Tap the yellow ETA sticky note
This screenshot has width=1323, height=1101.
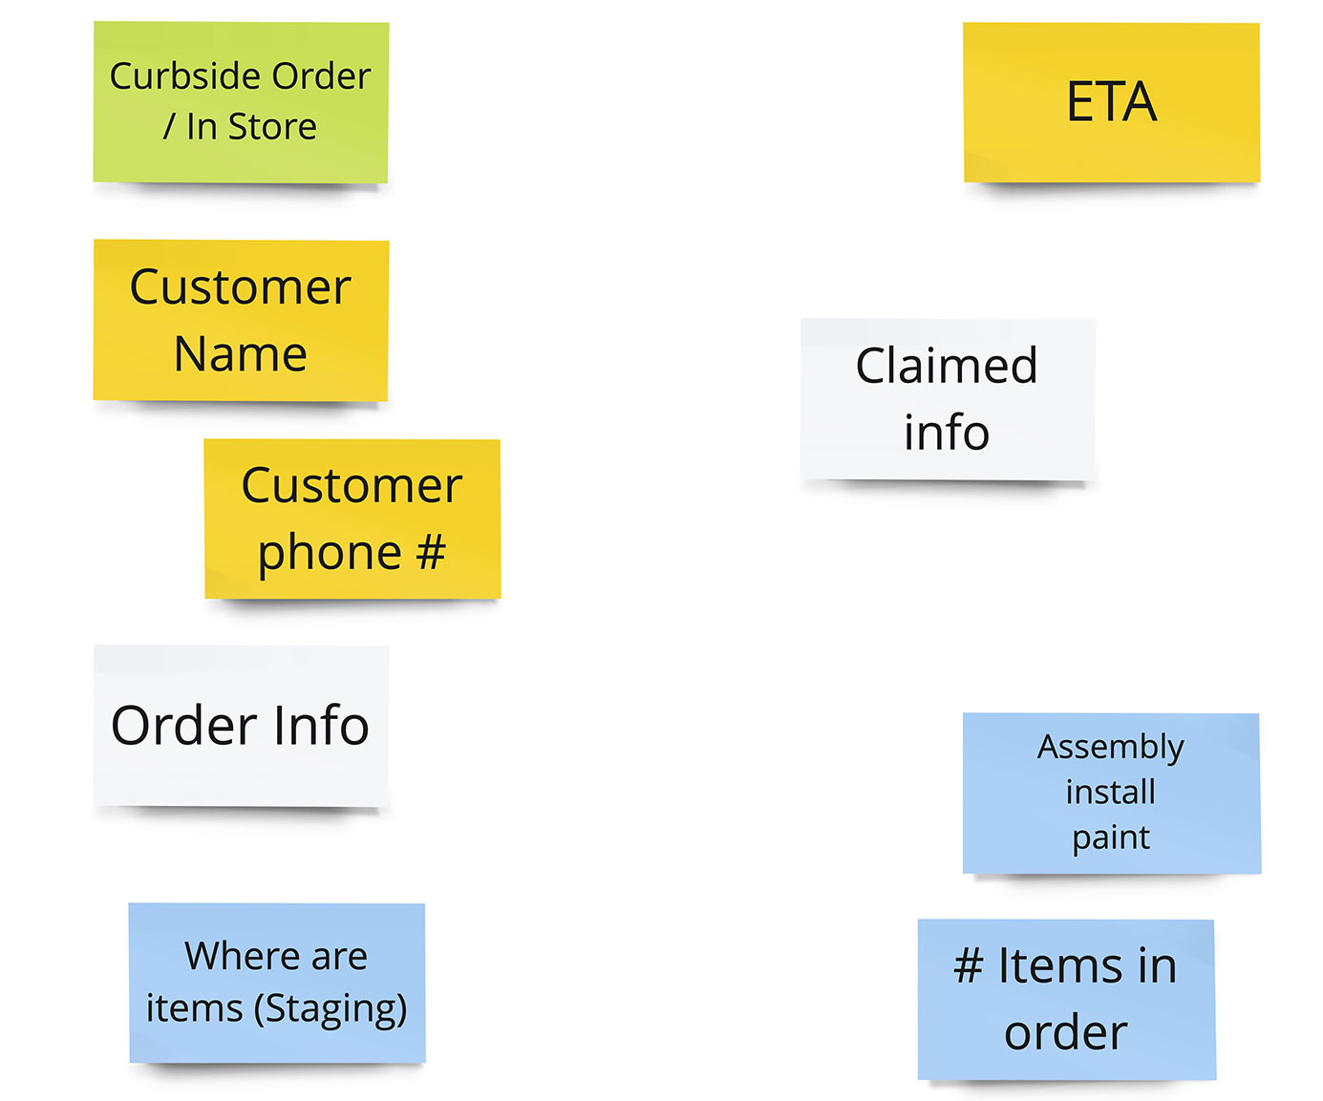(1111, 102)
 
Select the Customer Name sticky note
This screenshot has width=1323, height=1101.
(241, 320)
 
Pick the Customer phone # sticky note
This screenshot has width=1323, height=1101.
(352, 519)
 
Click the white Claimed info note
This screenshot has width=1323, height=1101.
(948, 398)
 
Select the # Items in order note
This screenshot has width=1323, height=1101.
(1066, 999)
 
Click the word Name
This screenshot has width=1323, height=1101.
(241, 354)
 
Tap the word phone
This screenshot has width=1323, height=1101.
(330, 553)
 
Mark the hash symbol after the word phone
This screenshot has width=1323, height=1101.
(431, 552)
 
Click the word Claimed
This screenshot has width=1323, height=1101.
(947, 366)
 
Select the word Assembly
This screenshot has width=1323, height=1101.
(1111, 747)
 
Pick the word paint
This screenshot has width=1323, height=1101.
(1111, 837)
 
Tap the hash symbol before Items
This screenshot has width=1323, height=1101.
(968, 965)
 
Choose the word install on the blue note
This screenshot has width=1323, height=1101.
(1111, 792)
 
